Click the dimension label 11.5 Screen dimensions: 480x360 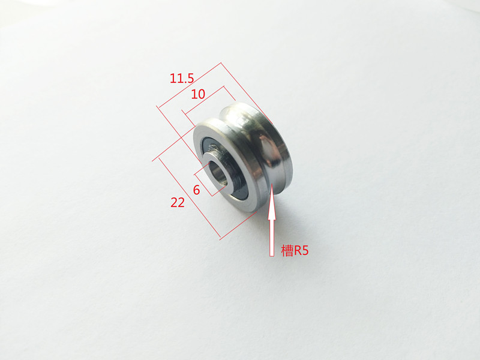[182, 79]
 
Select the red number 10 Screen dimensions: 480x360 [198, 94]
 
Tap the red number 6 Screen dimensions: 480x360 [197, 190]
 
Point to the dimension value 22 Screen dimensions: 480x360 [178, 203]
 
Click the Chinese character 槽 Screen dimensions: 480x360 [287, 251]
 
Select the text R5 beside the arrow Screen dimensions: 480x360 [301, 251]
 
